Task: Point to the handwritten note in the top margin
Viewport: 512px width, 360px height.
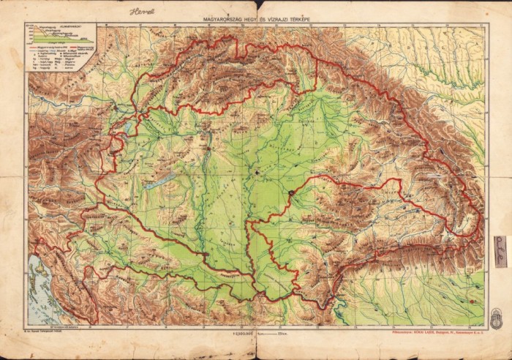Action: (x=137, y=12)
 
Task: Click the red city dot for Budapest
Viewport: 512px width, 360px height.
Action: (x=208, y=149)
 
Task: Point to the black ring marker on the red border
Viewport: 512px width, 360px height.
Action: (x=291, y=192)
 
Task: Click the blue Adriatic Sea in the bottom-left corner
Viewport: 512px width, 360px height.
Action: (x=37, y=293)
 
